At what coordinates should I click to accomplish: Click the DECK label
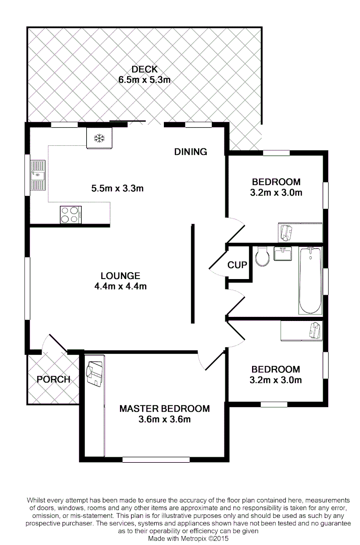pyautogui.click(x=145, y=69)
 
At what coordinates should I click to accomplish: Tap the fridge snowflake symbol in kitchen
pyautogui.click(x=99, y=138)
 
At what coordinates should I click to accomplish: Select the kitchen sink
pyautogui.click(x=37, y=176)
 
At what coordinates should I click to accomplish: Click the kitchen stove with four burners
pyautogui.click(x=71, y=214)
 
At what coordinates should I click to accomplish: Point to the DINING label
pyautogui.click(x=191, y=151)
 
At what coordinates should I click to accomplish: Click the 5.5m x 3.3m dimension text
pyautogui.click(x=117, y=189)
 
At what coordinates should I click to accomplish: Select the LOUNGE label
pyautogui.click(x=120, y=276)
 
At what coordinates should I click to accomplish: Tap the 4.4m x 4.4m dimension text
pyautogui.click(x=120, y=287)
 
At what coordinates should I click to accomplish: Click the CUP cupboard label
pyautogui.click(x=237, y=264)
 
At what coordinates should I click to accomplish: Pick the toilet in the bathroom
pyautogui.click(x=262, y=257)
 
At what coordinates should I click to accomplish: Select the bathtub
pyautogui.click(x=310, y=280)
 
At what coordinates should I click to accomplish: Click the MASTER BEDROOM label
pyautogui.click(x=164, y=408)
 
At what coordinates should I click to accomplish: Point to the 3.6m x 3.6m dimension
pyautogui.click(x=164, y=419)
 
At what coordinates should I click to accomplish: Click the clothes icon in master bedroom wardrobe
pyautogui.click(x=94, y=374)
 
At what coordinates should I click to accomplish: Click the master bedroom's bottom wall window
pyautogui.click(x=146, y=459)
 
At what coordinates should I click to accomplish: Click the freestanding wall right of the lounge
pyautogui.click(x=192, y=274)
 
